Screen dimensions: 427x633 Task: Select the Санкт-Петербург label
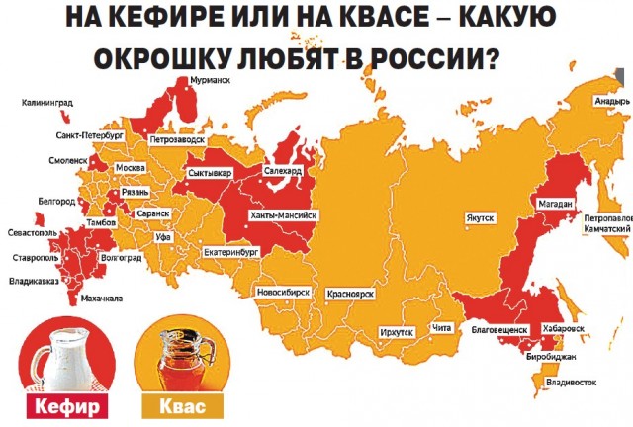coord(84,135)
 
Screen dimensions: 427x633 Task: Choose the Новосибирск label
coord(284,293)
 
